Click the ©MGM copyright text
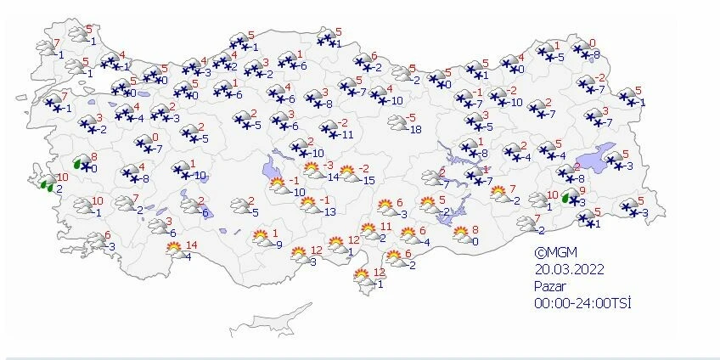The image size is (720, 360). click(554, 253)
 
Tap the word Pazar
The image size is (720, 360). click(549, 287)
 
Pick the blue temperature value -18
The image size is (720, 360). click(415, 129)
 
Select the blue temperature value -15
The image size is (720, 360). click(368, 180)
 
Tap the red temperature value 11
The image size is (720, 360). click(385, 227)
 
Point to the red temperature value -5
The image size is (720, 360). click(413, 117)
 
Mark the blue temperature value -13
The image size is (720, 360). click(329, 211)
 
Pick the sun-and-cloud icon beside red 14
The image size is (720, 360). click(176, 249)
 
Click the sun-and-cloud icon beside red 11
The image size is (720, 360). click(368, 229)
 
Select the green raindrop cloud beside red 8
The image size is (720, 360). click(82, 161)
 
